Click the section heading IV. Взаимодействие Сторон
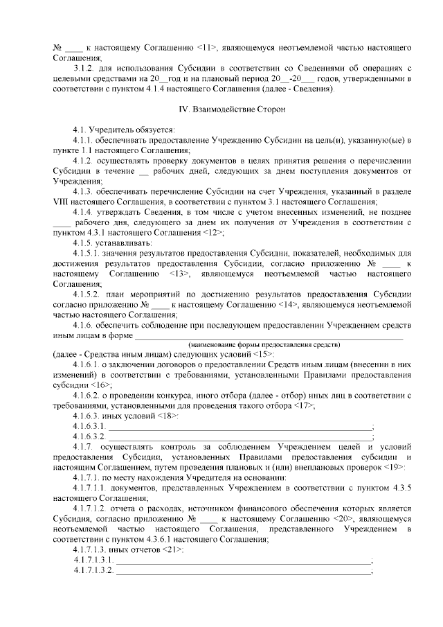(228, 109)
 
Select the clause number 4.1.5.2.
(90, 294)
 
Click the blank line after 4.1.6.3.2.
(239, 437)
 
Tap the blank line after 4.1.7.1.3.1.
(243, 560)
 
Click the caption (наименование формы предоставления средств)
(265, 344)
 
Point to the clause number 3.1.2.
(86, 69)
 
